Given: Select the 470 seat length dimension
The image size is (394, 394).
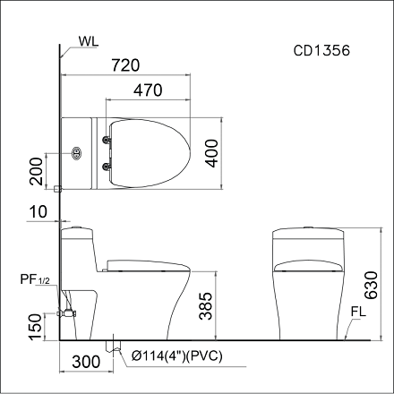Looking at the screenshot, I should tap(149, 90).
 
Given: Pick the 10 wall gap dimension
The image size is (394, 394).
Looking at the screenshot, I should tap(36, 211).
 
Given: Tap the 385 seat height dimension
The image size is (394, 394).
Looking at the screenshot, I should tap(206, 309).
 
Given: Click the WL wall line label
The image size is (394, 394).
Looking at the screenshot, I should tap(89, 41).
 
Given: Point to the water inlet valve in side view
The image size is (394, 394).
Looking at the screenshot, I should tap(65, 313).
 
